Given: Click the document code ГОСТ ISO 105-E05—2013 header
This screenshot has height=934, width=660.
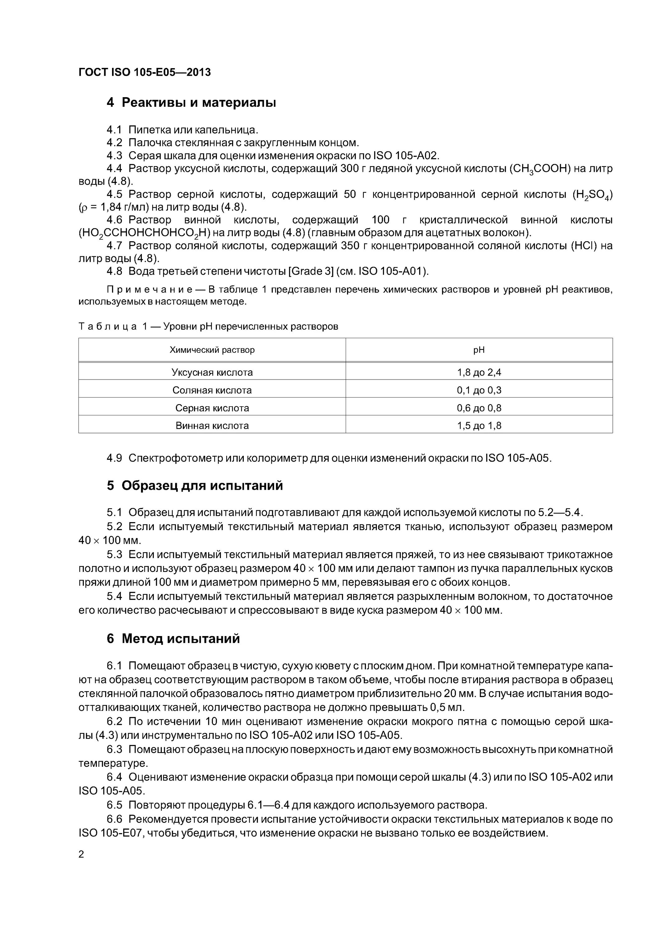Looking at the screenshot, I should (144, 73).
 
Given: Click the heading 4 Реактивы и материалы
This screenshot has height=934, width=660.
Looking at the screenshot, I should (191, 102).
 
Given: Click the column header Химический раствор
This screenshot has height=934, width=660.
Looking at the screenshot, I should (212, 350).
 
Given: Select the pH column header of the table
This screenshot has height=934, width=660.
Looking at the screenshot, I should (479, 350).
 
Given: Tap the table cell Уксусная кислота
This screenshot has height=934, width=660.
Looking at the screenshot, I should (212, 372).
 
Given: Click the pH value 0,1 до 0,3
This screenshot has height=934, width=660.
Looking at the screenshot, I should (479, 390).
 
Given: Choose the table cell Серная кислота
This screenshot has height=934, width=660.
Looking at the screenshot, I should (212, 408).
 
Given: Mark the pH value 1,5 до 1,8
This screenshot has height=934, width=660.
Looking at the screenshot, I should (479, 426).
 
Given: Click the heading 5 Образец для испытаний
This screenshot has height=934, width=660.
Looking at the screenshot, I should (195, 486).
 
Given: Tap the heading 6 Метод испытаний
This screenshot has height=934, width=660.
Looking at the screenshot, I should (173, 639).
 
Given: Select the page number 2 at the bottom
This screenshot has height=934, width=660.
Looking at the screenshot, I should (81, 854).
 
